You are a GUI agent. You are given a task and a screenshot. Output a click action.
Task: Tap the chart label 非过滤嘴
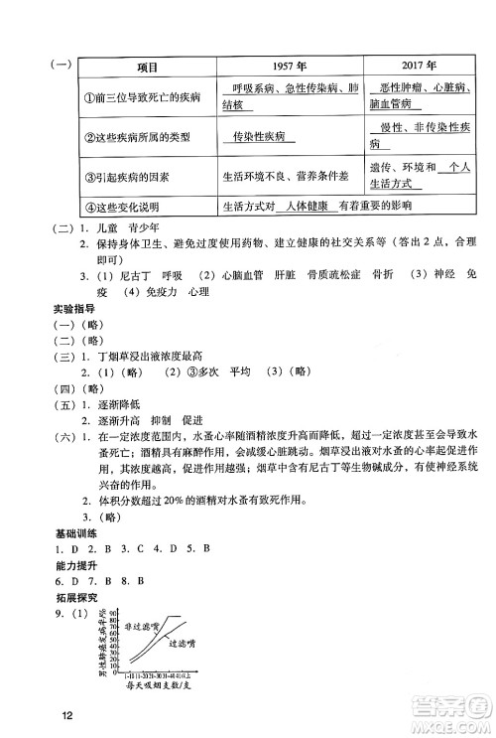pos(142,627)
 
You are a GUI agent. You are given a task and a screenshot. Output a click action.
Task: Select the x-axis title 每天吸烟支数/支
pos(158,684)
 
